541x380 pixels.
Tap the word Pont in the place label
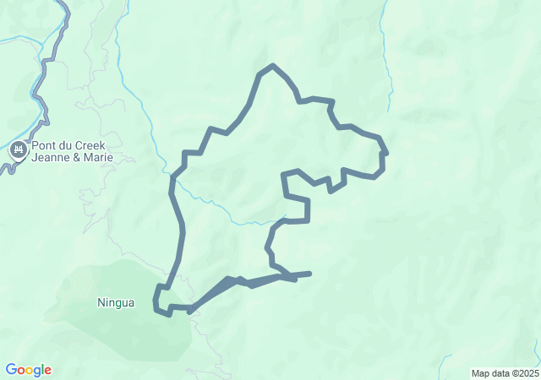(45, 145)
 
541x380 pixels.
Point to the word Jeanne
(50, 157)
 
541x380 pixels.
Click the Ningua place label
(116, 302)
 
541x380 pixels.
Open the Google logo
(29, 370)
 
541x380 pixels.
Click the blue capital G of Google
(11, 370)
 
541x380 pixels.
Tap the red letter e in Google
(48, 371)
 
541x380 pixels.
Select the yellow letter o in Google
(30, 371)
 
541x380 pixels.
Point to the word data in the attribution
(500, 373)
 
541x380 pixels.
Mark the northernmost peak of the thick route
(271, 66)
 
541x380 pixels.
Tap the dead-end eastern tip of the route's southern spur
(310, 273)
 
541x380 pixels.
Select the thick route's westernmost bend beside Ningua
(156, 301)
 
